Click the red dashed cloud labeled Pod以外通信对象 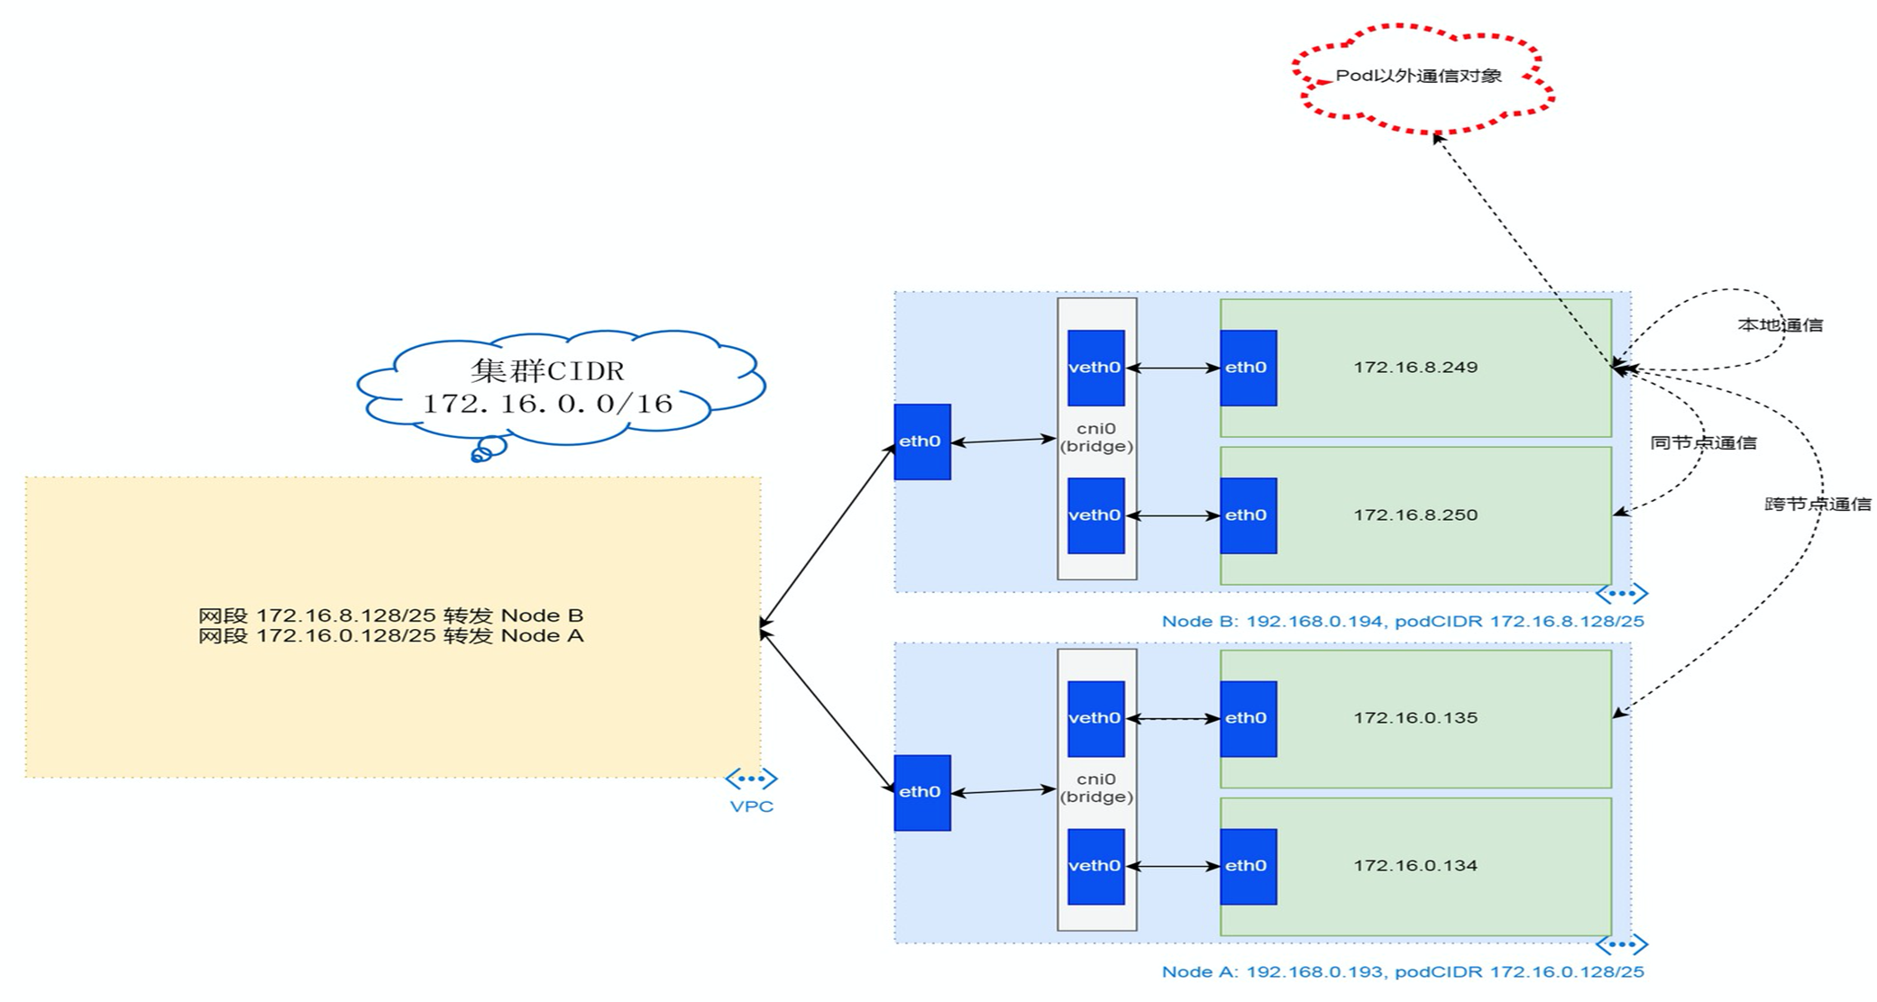click(x=1418, y=77)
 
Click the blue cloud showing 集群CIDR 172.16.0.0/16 click(x=548, y=387)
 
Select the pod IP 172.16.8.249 click(x=1415, y=368)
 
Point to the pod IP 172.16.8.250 click(x=1415, y=515)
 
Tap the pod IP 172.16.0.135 click(x=1415, y=718)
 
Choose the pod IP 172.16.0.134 click(x=1415, y=866)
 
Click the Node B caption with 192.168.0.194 click(x=1403, y=622)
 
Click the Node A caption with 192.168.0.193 click(x=1403, y=972)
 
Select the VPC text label click(x=752, y=806)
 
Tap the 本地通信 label click(x=1780, y=325)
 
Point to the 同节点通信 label click(x=1703, y=443)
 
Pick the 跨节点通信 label click(x=1817, y=505)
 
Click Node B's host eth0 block click(x=921, y=442)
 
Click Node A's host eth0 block click(x=921, y=792)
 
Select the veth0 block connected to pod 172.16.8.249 click(x=1095, y=368)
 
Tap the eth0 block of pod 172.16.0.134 click(x=1248, y=866)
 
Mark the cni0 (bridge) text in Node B click(x=1096, y=438)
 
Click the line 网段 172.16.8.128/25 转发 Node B click(x=390, y=615)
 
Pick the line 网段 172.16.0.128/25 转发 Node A click(x=390, y=636)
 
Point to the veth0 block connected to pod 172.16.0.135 click(x=1095, y=718)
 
